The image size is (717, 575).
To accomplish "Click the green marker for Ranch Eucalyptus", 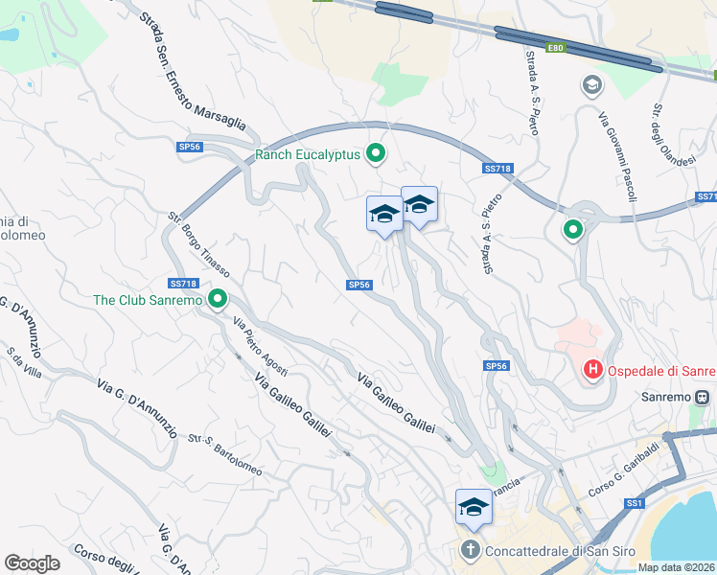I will click(x=377, y=152).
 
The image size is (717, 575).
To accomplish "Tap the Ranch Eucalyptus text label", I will click(x=307, y=154).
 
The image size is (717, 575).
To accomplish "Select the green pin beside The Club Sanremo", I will click(x=218, y=300).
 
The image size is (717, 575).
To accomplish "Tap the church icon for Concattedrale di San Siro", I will click(x=470, y=550).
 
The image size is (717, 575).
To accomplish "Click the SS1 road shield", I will click(x=634, y=503).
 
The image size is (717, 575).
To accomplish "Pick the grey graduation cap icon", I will click(x=591, y=86).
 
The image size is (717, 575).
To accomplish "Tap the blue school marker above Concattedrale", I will click(x=474, y=508).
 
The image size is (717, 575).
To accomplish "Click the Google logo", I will click(x=32, y=563).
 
